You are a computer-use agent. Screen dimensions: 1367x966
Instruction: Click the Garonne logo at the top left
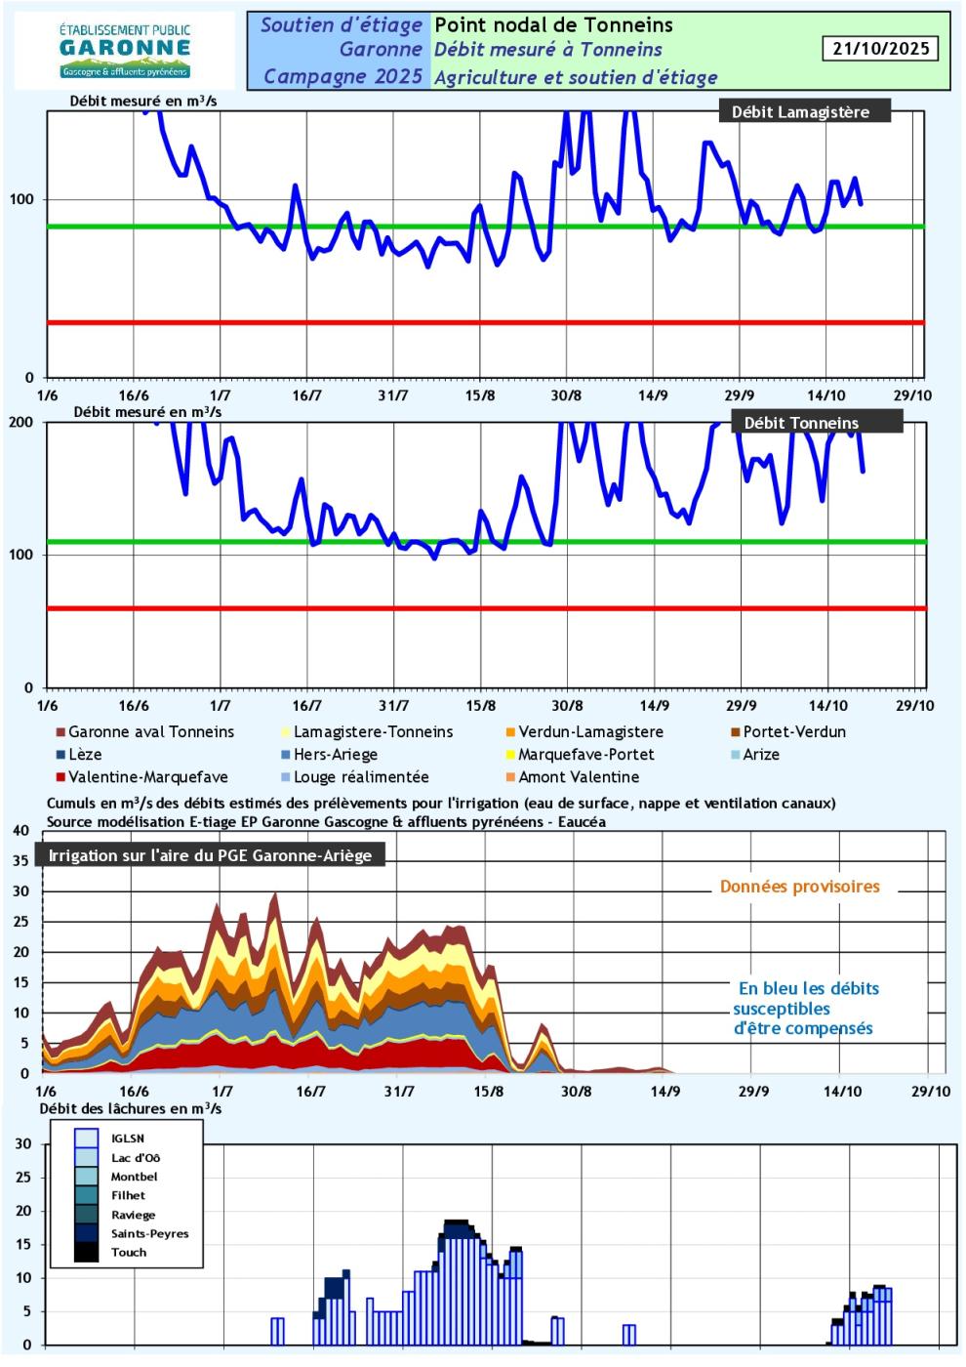(x=124, y=51)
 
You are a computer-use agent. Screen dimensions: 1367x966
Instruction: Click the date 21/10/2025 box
(x=881, y=49)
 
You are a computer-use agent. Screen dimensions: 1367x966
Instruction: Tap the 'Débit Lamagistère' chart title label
(x=800, y=112)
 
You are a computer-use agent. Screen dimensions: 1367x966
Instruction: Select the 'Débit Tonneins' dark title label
(x=801, y=423)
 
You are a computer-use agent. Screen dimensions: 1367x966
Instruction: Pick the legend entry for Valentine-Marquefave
(x=147, y=777)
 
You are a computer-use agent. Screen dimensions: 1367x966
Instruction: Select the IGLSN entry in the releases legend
(x=128, y=1139)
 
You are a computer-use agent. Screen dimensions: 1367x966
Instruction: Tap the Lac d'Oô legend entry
(x=136, y=1158)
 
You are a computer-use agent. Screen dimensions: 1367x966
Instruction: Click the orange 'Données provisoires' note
(x=799, y=887)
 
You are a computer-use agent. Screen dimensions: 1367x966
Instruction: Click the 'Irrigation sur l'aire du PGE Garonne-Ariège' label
(x=210, y=856)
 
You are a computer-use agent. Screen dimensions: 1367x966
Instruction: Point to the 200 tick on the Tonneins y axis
(x=21, y=423)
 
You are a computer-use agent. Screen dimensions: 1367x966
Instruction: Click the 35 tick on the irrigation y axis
(x=20, y=861)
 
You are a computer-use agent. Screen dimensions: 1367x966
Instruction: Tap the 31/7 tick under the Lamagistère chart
(x=393, y=395)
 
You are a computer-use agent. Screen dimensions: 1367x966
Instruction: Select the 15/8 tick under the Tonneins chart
(x=480, y=706)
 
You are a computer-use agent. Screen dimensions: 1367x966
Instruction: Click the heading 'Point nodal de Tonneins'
(x=553, y=25)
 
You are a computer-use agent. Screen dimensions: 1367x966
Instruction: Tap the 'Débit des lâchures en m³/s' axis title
(x=131, y=1109)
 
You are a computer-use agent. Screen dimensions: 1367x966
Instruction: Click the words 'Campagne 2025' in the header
(x=342, y=76)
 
